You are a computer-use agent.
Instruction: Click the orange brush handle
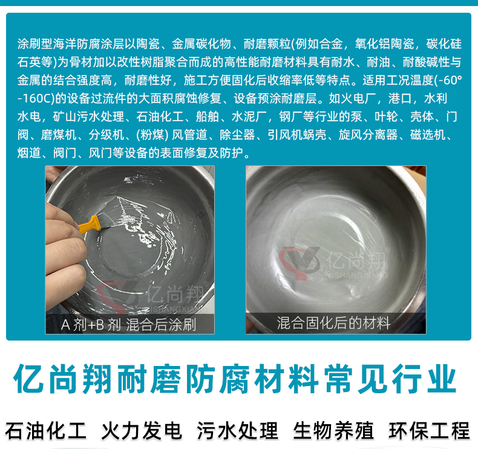pyautogui.click(x=89, y=225)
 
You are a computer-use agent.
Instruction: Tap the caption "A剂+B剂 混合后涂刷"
pyautogui.click(x=128, y=324)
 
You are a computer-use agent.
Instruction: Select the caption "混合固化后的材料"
pyautogui.click(x=333, y=323)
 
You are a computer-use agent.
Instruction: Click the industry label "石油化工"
pyautogui.click(x=46, y=431)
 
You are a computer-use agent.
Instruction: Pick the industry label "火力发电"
pyautogui.click(x=142, y=431)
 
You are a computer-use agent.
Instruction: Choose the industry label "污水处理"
pyautogui.click(x=237, y=431)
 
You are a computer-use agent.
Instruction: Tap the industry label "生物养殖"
pyautogui.click(x=333, y=431)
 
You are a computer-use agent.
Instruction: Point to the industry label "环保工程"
pyautogui.click(x=429, y=431)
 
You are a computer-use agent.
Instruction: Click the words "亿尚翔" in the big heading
pyautogui.click(x=63, y=379)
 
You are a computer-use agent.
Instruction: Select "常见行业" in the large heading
pyautogui.click(x=390, y=379)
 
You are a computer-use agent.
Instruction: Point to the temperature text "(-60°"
pyautogui.click(x=448, y=80)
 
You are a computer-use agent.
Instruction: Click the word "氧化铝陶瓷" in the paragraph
pyautogui.click(x=385, y=44)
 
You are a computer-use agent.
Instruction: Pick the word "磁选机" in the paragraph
pyautogui.click(x=428, y=135)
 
